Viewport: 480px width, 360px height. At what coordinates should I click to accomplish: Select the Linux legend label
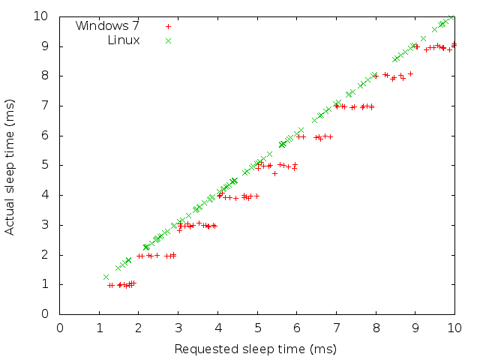click(124, 40)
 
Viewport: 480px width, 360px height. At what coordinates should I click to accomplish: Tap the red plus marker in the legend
click(168, 26)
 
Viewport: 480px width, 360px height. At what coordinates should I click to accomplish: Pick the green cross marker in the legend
click(168, 40)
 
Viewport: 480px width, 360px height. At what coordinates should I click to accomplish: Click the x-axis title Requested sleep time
click(255, 349)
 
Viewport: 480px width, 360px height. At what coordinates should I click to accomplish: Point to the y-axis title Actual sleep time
click(10, 165)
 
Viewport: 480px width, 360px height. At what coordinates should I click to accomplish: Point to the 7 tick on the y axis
click(45, 106)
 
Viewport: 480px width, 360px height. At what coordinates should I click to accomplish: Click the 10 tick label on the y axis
click(42, 16)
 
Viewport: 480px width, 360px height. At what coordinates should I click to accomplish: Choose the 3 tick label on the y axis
click(45, 225)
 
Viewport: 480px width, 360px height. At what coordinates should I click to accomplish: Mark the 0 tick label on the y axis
click(45, 314)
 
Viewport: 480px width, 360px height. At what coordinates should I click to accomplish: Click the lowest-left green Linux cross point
click(106, 277)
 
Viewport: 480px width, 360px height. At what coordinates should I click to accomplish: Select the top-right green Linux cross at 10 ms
click(451, 16)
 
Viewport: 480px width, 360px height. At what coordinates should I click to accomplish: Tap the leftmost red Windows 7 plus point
click(109, 285)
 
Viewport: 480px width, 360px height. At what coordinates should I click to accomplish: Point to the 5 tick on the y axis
click(45, 165)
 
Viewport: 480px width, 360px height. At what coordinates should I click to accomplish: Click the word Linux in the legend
click(124, 40)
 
